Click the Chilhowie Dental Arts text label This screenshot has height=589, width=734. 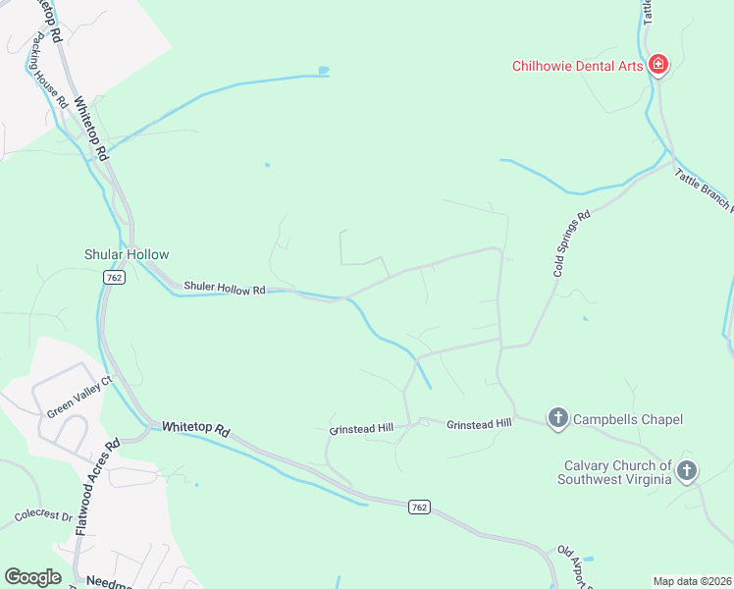coord(577,67)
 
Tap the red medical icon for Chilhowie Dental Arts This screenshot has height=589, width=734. coord(658,66)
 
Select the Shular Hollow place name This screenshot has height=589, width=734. coord(127,254)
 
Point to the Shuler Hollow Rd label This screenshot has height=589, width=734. coord(225,290)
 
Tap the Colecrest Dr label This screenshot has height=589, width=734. coord(43,515)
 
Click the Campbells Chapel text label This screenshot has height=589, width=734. coord(628,419)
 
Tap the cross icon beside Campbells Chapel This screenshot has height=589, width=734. coord(557,419)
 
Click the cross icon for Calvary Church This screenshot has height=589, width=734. coord(687,471)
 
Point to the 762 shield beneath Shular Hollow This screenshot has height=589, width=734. coord(113,279)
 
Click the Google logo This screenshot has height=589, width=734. coord(32,577)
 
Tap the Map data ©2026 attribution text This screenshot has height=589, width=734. coord(692,581)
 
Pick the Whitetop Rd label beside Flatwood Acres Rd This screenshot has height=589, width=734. coord(195,429)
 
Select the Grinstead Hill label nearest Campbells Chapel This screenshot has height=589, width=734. coord(480,424)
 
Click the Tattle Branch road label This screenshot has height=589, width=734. coord(703,187)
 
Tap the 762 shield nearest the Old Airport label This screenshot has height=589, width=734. coord(420,507)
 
